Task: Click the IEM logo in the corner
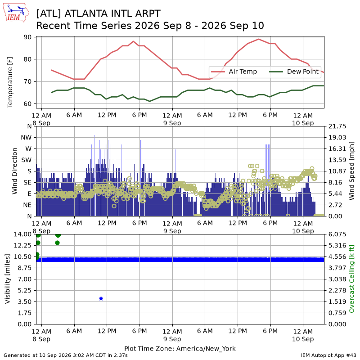tap(16, 13)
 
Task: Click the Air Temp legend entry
tap(234, 72)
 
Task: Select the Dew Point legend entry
tap(294, 72)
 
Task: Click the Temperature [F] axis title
tap(10, 82)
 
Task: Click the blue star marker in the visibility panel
tap(101, 298)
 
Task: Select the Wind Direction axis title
tap(15, 171)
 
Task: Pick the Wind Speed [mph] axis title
tap(351, 171)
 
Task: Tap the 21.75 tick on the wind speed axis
tap(337, 126)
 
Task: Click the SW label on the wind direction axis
tap(27, 160)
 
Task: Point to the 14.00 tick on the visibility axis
tap(22, 234)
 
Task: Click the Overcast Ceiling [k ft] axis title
tap(351, 279)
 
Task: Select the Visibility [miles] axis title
tap(8, 279)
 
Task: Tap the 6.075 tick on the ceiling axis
tap(337, 234)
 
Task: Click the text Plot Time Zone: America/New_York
tap(180, 349)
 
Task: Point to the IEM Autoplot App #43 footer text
tap(328, 355)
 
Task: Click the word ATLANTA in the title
tap(86, 14)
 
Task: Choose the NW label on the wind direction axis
tap(26, 138)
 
